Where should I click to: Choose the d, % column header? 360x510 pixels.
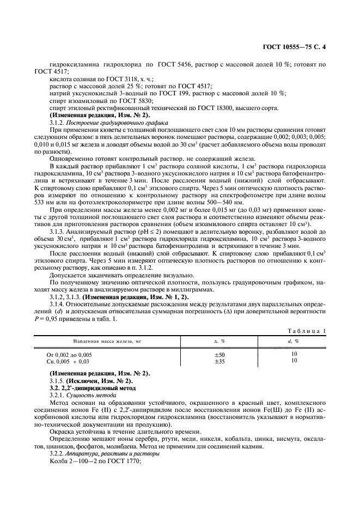point(295,341)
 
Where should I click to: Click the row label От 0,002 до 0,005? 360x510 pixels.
point(69,354)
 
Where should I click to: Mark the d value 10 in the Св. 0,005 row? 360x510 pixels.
point(295,361)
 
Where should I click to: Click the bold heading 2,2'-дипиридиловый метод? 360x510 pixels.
point(96,387)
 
